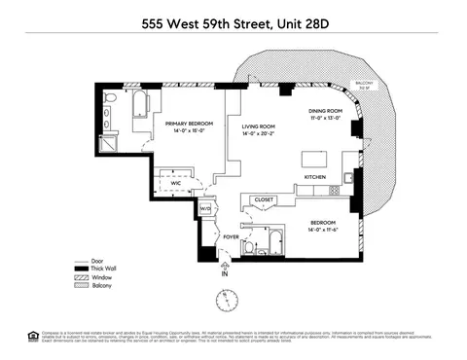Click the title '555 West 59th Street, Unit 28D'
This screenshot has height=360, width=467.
click(233, 18)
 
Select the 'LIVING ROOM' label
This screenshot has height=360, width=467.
click(259, 126)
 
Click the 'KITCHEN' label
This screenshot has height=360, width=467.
click(316, 177)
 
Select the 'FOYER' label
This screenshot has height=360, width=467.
click(231, 235)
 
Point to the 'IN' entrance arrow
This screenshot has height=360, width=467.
click(225, 273)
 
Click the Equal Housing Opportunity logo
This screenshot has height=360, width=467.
click(32, 337)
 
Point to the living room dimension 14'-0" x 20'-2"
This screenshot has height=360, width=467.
click(259, 134)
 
